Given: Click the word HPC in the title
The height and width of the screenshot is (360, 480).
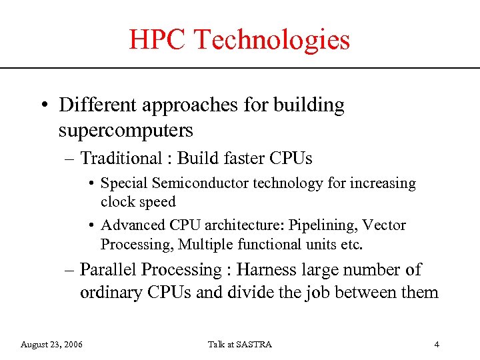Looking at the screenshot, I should point(153,40).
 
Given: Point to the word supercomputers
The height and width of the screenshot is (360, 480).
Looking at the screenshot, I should point(125,129).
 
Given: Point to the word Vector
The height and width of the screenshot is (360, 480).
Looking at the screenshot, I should point(383,225).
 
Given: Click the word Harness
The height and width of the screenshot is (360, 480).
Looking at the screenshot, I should point(270,270).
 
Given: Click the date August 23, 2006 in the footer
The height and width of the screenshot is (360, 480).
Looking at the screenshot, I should point(52,344).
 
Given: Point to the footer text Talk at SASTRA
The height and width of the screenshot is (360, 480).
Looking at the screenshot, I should point(240,344).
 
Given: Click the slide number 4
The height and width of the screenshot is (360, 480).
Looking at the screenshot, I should point(436,344).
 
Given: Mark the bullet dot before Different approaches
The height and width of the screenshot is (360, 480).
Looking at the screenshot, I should point(43,105).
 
